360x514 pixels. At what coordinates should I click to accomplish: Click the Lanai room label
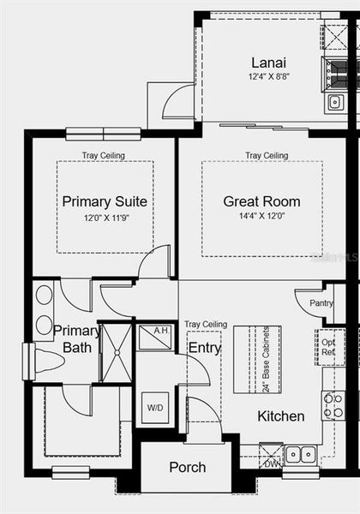[x=268, y=63]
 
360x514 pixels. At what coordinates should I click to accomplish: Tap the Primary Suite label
[x=105, y=202]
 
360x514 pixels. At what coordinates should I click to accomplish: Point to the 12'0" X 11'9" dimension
[x=104, y=218]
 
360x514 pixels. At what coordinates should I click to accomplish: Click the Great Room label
[x=261, y=202]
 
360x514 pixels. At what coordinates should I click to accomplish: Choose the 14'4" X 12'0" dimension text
[x=262, y=218]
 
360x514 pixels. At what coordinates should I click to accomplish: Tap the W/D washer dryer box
[x=155, y=406]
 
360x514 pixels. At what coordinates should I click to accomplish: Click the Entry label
[x=204, y=347]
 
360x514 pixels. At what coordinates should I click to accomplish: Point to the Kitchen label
[x=280, y=416]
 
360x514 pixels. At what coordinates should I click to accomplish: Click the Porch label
[x=187, y=467]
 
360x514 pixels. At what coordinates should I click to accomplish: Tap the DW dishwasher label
[x=271, y=463]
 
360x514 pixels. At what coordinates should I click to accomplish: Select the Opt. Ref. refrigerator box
[x=329, y=347]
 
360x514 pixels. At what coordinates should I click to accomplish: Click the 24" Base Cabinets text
[x=267, y=359]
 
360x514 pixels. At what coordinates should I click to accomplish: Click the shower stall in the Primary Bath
[x=116, y=352]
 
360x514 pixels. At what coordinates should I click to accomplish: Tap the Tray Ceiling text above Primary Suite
[x=104, y=156]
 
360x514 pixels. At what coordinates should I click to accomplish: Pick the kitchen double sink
[x=301, y=454]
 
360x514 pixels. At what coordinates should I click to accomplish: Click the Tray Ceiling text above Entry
[x=206, y=325]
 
